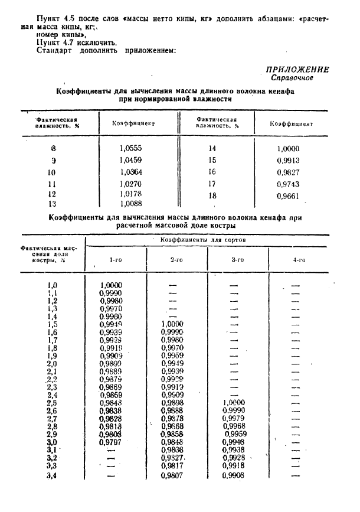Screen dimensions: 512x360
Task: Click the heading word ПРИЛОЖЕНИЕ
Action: coord(297,70)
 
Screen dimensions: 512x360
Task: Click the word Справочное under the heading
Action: coord(292,78)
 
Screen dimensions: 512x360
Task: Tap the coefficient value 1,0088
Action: coord(130,204)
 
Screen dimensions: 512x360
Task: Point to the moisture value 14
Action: coord(212,149)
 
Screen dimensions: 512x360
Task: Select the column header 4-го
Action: coord(299,260)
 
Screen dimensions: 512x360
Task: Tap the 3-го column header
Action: coord(237,260)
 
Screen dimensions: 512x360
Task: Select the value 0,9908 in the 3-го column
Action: coord(234,476)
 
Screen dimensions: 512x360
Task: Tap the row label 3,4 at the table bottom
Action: coord(52,476)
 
